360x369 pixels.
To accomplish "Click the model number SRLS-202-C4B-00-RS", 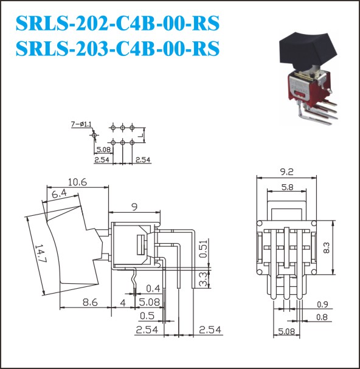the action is pyautogui.click(x=118, y=23).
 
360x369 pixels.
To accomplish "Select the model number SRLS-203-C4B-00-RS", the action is pyautogui.click(x=118, y=48).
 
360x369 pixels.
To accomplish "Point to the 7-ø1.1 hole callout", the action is pyautogui.click(x=81, y=124).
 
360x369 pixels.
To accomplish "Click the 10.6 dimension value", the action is pyautogui.click(x=77, y=182).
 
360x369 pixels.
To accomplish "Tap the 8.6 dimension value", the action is pyautogui.click(x=90, y=302).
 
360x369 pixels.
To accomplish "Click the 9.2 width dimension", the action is pyautogui.click(x=287, y=172).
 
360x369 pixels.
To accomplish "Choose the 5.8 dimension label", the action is pyautogui.click(x=288, y=187).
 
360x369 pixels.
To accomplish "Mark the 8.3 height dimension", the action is pyautogui.click(x=327, y=248).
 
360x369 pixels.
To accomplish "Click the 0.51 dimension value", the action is pyautogui.click(x=204, y=249).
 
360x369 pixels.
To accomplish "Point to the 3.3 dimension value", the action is pyautogui.click(x=204, y=280).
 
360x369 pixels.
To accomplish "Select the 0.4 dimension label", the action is pyautogui.click(x=153, y=289).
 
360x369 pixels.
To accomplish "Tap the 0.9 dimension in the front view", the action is pyautogui.click(x=322, y=305).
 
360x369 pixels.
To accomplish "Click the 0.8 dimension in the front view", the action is pyautogui.click(x=322, y=317).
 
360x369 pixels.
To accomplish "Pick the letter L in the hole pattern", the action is pyautogui.click(x=141, y=135).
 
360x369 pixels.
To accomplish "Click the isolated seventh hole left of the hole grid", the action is pyautogui.click(x=94, y=135).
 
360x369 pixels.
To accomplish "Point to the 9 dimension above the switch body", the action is pyautogui.click(x=134, y=207).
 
